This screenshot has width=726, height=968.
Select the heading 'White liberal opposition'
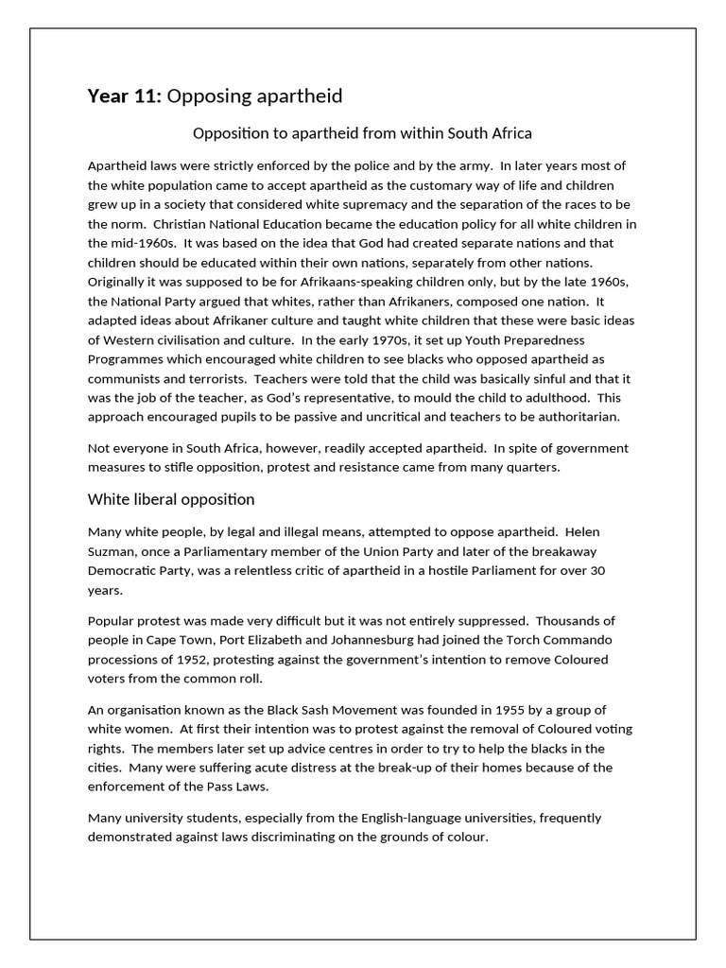(x=171, y=499)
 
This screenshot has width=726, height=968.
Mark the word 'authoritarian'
(x=579, y=416)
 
